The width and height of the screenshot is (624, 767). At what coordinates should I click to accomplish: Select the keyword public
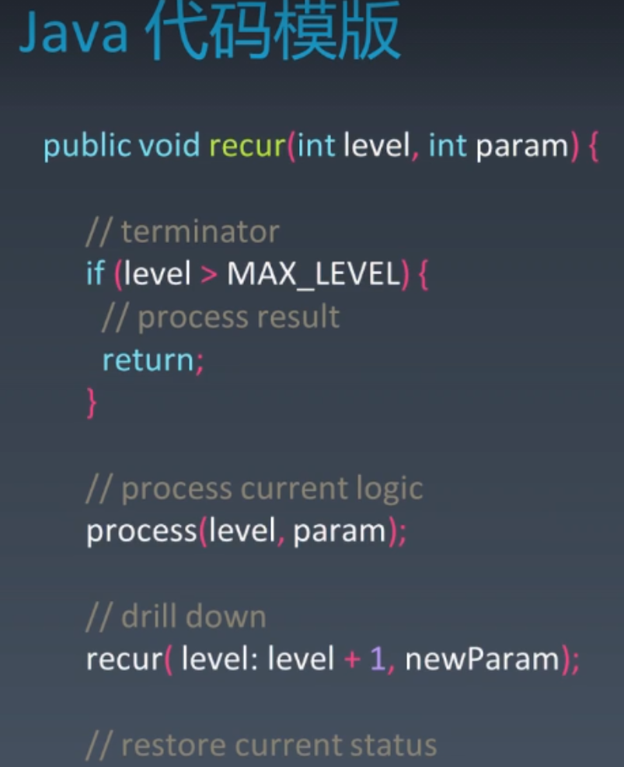[88, 145]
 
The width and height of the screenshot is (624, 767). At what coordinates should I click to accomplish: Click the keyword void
[169, 145]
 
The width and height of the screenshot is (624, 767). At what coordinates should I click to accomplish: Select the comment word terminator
[200, 231]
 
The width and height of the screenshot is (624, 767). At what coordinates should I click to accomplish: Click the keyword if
[95, 274]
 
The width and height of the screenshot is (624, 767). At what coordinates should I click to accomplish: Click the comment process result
[238, 317]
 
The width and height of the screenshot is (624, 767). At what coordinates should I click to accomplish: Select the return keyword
[148, 360]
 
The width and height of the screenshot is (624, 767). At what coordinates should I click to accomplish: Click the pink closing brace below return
[92, 403]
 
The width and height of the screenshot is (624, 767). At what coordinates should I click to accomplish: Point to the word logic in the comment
[389, 489]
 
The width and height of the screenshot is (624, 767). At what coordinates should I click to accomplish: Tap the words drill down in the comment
[193, 617]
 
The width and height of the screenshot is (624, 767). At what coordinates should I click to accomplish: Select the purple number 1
[378, 660]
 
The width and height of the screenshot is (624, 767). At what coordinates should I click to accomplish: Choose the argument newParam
[482, 660]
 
